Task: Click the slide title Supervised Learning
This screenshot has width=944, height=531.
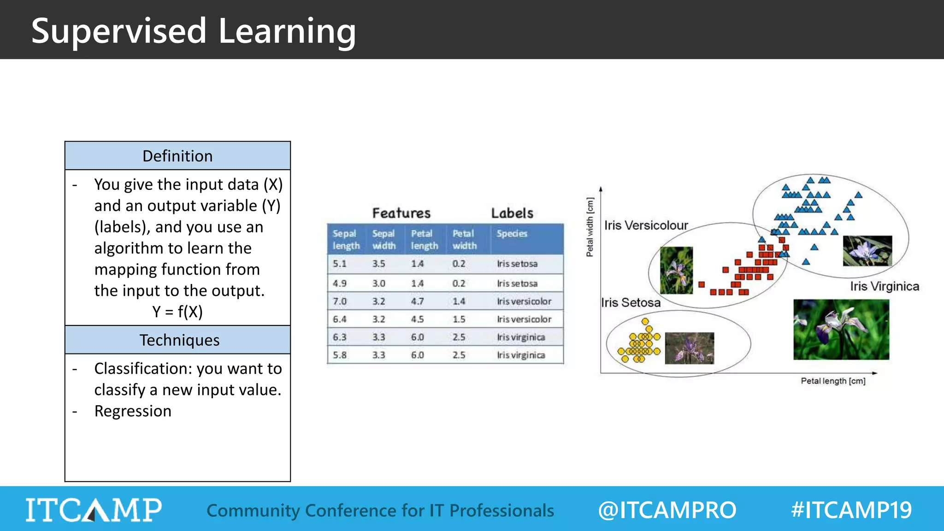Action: tap(194, 31)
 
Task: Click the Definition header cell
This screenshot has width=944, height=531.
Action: tap(177, 156)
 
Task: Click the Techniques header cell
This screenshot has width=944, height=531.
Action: tap(179, 340)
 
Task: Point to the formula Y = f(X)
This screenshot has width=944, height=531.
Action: tap(177, 312)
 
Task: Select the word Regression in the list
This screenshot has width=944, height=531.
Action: tap(133, 411)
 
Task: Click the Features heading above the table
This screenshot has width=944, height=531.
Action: tap(401, 213)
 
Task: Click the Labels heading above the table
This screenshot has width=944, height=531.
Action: tap(512, 213)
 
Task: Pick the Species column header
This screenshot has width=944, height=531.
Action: tap(512, 234)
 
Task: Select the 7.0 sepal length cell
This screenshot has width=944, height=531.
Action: tap(340, 301)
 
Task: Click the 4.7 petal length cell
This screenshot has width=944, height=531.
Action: tap(417, 301)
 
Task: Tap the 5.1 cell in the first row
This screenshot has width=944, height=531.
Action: tap(340, 264)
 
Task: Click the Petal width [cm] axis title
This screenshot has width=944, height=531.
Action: tap(590, 227)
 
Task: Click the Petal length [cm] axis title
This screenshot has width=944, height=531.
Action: tap(833, 381)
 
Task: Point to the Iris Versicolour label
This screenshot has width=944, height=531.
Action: tap(646, 225)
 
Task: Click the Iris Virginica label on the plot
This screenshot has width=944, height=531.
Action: tap(885, 286)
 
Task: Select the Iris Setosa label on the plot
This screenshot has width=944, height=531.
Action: tap(631, 303)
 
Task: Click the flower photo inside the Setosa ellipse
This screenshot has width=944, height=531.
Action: tap(690, 348)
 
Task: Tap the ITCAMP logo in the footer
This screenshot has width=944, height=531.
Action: tap(94, 510)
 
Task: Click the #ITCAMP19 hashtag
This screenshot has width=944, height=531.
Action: tap(851, 510)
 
